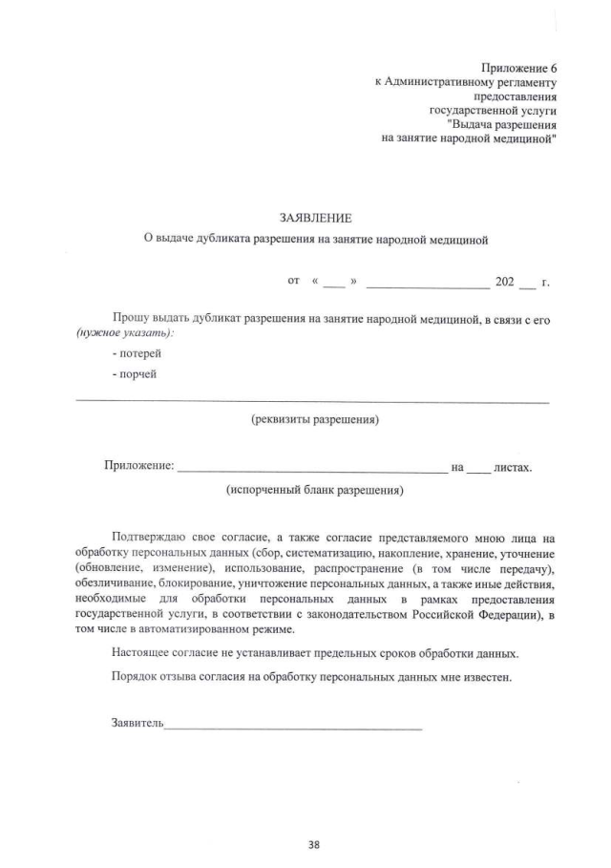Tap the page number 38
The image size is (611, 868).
pyautogui.click(x=314, y=843)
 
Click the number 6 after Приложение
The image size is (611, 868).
pyautogui.click(x=553, y=69)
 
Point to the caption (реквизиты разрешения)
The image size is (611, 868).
pyautogui.click(x=314, y=420)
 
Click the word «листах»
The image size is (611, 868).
pyautogui.click(x=512, y=467)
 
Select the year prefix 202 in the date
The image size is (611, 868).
pyautogui.click(x=504, y=282)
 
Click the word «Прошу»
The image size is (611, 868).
pyautogui.click(x=130, y=318)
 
